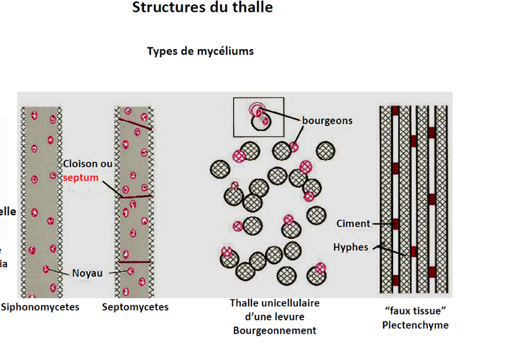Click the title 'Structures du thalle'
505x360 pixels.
(202, 8)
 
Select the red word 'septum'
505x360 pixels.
(80, 177)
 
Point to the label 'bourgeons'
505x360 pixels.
(327, 120)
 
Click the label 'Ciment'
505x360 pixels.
(353, 224)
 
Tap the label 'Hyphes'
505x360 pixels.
(351, 246)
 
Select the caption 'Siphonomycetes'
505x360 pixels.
(40, 307)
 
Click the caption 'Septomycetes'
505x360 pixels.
(135, 307)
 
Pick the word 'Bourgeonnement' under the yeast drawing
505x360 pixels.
(275, 330)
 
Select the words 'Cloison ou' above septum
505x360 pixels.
(88, 164)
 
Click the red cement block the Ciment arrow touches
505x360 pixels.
(396, 224)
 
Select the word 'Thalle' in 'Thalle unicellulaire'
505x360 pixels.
(245, 303)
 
